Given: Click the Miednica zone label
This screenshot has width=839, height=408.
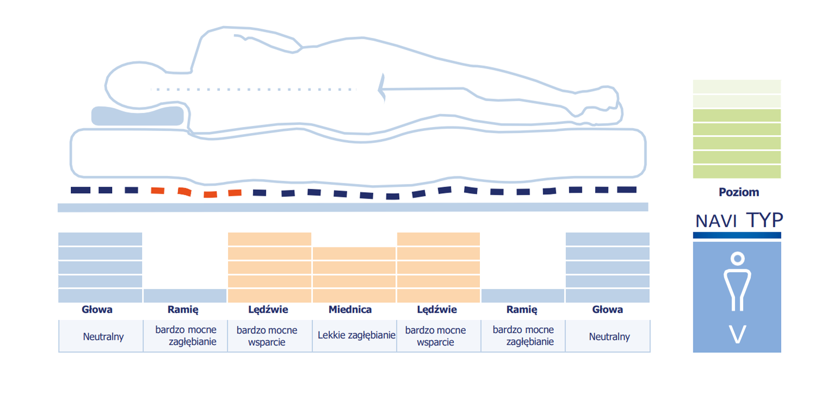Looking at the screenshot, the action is click(350, 310).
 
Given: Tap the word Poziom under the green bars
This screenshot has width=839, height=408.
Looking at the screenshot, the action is click(739, 192).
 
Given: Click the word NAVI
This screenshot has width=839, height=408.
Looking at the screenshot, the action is click(716, 221).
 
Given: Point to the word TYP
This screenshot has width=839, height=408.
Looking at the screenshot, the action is click(764, 220).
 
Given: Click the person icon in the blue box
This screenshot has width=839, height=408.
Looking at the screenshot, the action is click(738, 281).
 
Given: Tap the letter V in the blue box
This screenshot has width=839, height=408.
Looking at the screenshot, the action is click(738, 334).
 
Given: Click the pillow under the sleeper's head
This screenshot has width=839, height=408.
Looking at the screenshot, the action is click(138, 116).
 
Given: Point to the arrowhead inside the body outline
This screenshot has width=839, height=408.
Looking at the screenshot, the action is click(382, 88).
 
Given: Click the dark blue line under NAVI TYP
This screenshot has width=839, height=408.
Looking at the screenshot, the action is click(737, 235).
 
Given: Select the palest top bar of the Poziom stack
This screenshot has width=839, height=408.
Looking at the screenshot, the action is click(737, 87).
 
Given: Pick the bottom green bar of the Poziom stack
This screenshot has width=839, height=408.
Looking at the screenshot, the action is click(737, 172).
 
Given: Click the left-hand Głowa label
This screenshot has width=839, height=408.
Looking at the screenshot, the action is click(97, 310).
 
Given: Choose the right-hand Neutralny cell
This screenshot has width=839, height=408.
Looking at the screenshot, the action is click(608, 335).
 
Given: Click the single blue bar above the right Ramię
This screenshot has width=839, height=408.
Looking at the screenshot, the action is click(523, 295).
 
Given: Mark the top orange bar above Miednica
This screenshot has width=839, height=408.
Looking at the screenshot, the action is click(354, 253).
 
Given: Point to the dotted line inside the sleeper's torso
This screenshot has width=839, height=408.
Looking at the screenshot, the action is click(253, 89).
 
